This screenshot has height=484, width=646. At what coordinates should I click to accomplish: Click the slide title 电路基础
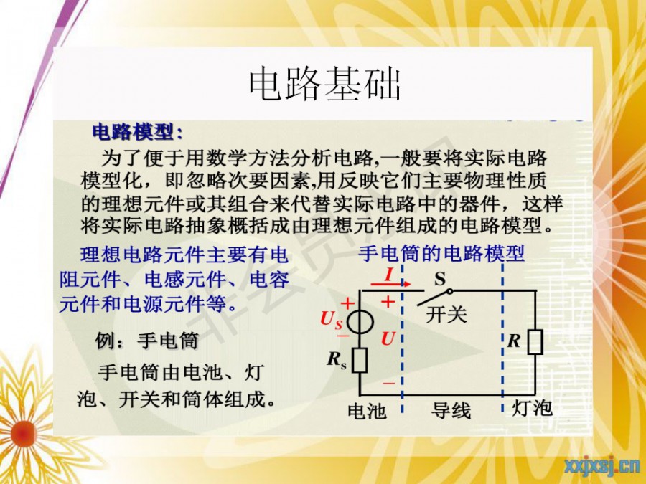[x=325, y=85]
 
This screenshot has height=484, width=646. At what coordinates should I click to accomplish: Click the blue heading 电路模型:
[x=138, y=132]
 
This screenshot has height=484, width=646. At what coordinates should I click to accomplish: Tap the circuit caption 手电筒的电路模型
[x=441, y=253]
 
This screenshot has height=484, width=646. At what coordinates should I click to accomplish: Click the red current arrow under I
[x=390, y=283]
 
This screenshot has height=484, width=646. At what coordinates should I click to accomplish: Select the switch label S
[x=440, y=279]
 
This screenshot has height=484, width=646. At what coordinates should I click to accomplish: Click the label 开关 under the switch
[x=446, y=315]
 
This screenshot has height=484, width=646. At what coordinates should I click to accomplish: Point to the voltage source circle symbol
[x=360, y=322]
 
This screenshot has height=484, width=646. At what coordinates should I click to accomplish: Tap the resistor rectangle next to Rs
[x=360, y=360]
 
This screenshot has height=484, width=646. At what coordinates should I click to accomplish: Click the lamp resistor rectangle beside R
[x=535, y=341]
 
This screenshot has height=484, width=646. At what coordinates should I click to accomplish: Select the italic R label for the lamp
[x=514, y=341]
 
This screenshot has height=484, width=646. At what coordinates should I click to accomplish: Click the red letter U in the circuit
[x=388, y=338]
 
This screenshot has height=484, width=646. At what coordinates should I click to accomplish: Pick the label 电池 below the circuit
[x=367, y=411]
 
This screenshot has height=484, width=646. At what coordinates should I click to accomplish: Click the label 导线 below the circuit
[x=451, y=410]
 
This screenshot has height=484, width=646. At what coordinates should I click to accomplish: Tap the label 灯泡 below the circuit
[x=531, y=408]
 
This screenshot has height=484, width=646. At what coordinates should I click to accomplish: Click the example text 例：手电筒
[x=146, y=341]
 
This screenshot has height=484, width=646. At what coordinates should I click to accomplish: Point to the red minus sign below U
[x=388, y=384]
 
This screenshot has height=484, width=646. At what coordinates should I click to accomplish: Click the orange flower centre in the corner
[x=24, y=434]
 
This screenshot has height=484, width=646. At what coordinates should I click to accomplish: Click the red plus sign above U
[x=388, y=303]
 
